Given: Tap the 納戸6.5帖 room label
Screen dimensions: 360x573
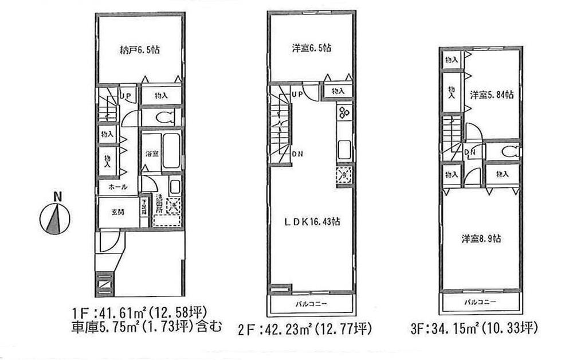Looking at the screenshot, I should click(139, 50).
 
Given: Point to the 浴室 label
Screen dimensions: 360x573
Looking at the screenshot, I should click(151, 154).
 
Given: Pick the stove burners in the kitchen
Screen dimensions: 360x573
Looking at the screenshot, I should click(344, 112).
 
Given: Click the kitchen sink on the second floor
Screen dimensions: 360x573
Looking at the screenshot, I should click(343, 151).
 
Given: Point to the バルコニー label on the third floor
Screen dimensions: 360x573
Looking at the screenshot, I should click(480, 301).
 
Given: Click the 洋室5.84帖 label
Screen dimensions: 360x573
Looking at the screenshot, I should click(492, 94).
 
